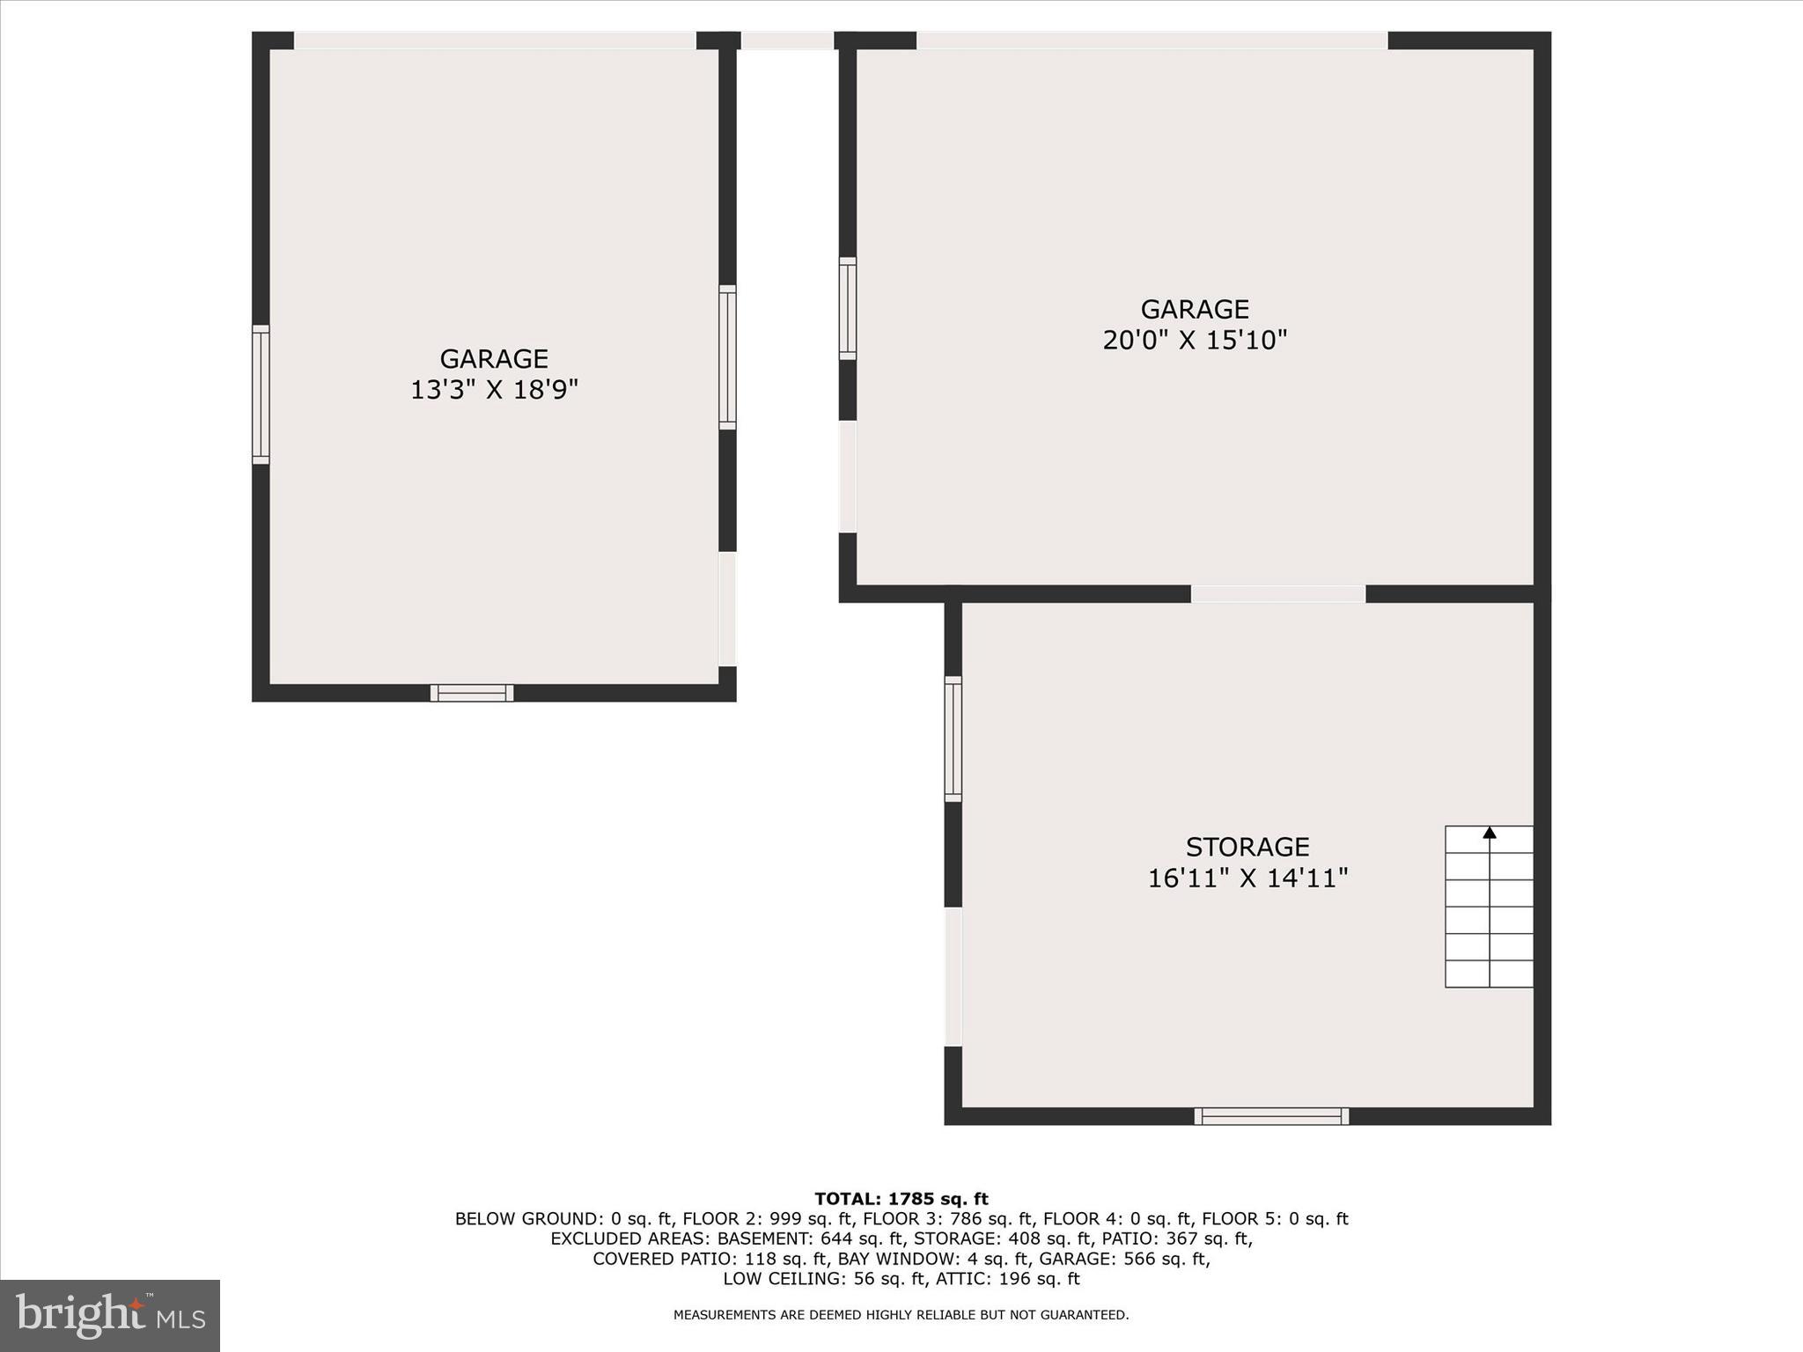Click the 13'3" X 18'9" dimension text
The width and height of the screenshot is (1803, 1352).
click(494, 389)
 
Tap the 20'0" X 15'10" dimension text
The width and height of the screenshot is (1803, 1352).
click(1195, 340)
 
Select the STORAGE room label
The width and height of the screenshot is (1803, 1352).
click(1247, 847)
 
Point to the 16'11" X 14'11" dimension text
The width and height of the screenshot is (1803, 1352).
click(1247, 878)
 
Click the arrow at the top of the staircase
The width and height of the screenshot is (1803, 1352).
click(1490, 833)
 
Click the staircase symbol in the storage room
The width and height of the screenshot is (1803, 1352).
click(1489, 907)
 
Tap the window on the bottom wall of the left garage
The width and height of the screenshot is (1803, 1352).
click(472, 693)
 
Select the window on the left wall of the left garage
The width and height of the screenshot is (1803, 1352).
click(261, 394)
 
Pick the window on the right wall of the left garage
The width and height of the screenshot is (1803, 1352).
click(727, 357)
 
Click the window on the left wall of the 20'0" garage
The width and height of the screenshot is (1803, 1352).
click(847, 308)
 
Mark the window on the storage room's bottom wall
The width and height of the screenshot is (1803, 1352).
click(1271, 1116)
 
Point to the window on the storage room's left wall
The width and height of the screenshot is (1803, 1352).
click(953, 738)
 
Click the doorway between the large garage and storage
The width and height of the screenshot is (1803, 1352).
click(1277, 594)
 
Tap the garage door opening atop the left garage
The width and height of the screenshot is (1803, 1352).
click(495, 40)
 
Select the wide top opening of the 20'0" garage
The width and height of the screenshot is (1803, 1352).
click(1152, 40)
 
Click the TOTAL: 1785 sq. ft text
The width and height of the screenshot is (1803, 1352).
click(901, 1199)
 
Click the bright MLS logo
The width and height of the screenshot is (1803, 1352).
click(110, 1315)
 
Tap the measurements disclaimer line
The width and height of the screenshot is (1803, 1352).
click(901, 1315)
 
